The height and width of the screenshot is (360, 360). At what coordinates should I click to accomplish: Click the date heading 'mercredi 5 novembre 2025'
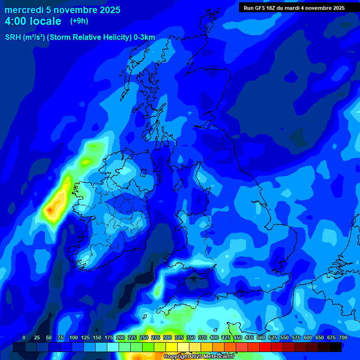[x=62, y=10]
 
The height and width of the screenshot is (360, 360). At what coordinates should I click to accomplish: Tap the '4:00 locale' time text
[x=33, y=21]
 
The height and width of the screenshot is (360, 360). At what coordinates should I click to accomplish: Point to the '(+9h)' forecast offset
[x=79, y=21]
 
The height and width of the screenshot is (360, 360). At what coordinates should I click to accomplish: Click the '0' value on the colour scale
[x=24, y=337]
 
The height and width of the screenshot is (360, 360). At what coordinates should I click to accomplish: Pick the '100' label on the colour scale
[x=74, y=337]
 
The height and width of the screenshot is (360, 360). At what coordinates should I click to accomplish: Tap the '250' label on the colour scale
[x=144, y=337]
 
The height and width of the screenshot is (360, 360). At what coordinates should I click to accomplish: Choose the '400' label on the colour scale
[x=214, y=337]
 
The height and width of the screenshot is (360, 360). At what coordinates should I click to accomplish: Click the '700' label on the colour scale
[x=343, y=337]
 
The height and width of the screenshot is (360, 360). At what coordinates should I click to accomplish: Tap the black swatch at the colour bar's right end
[x=336, y=347]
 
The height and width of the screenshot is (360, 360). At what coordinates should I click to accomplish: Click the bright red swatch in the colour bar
[x=265, y=347]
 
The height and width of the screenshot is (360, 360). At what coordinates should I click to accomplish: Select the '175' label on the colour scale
[x=109, y=337]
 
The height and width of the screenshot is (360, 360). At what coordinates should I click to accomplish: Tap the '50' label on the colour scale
[x=49, y=337]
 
